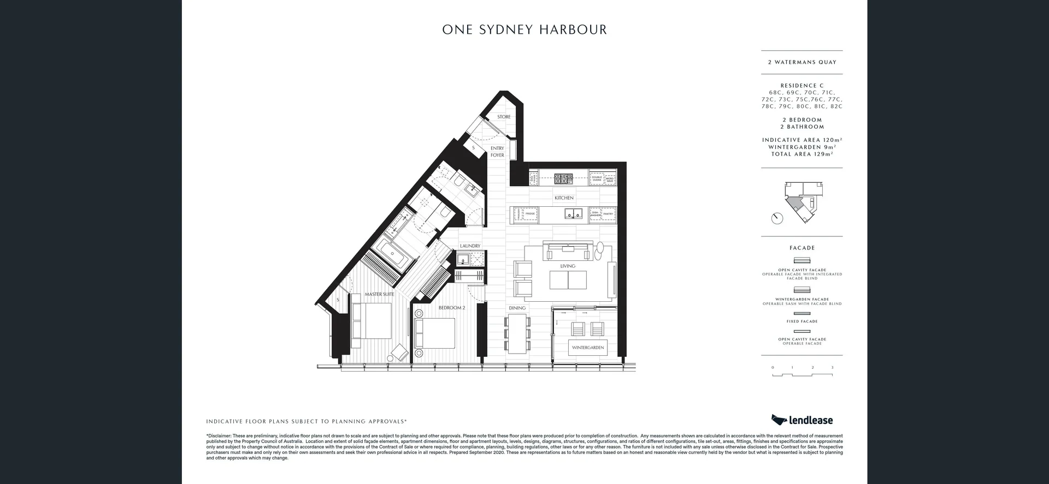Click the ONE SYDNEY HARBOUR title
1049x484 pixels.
click(524, 30)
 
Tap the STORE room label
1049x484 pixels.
click(504, 117)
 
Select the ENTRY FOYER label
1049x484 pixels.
click(497, 152)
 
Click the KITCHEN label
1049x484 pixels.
click(564, 198)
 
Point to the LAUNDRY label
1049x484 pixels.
click(470, 246)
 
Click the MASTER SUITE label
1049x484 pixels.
click(379, 295)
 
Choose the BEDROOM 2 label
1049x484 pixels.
click(452, 308)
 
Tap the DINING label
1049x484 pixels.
click(517, 308)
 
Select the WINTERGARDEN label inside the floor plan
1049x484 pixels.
click(588, 348)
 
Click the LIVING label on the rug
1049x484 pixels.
click(568, 266)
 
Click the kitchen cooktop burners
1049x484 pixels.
click(563, 178)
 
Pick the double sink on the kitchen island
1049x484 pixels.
click(573, 214)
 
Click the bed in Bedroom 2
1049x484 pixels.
click(435, 333)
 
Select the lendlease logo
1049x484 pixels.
click(802, 420)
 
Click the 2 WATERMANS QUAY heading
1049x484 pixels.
click(802, 62)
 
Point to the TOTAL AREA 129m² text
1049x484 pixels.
click(802, 154)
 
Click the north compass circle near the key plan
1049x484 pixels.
click(777, 218)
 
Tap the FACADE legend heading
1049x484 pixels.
click(802, 248)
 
